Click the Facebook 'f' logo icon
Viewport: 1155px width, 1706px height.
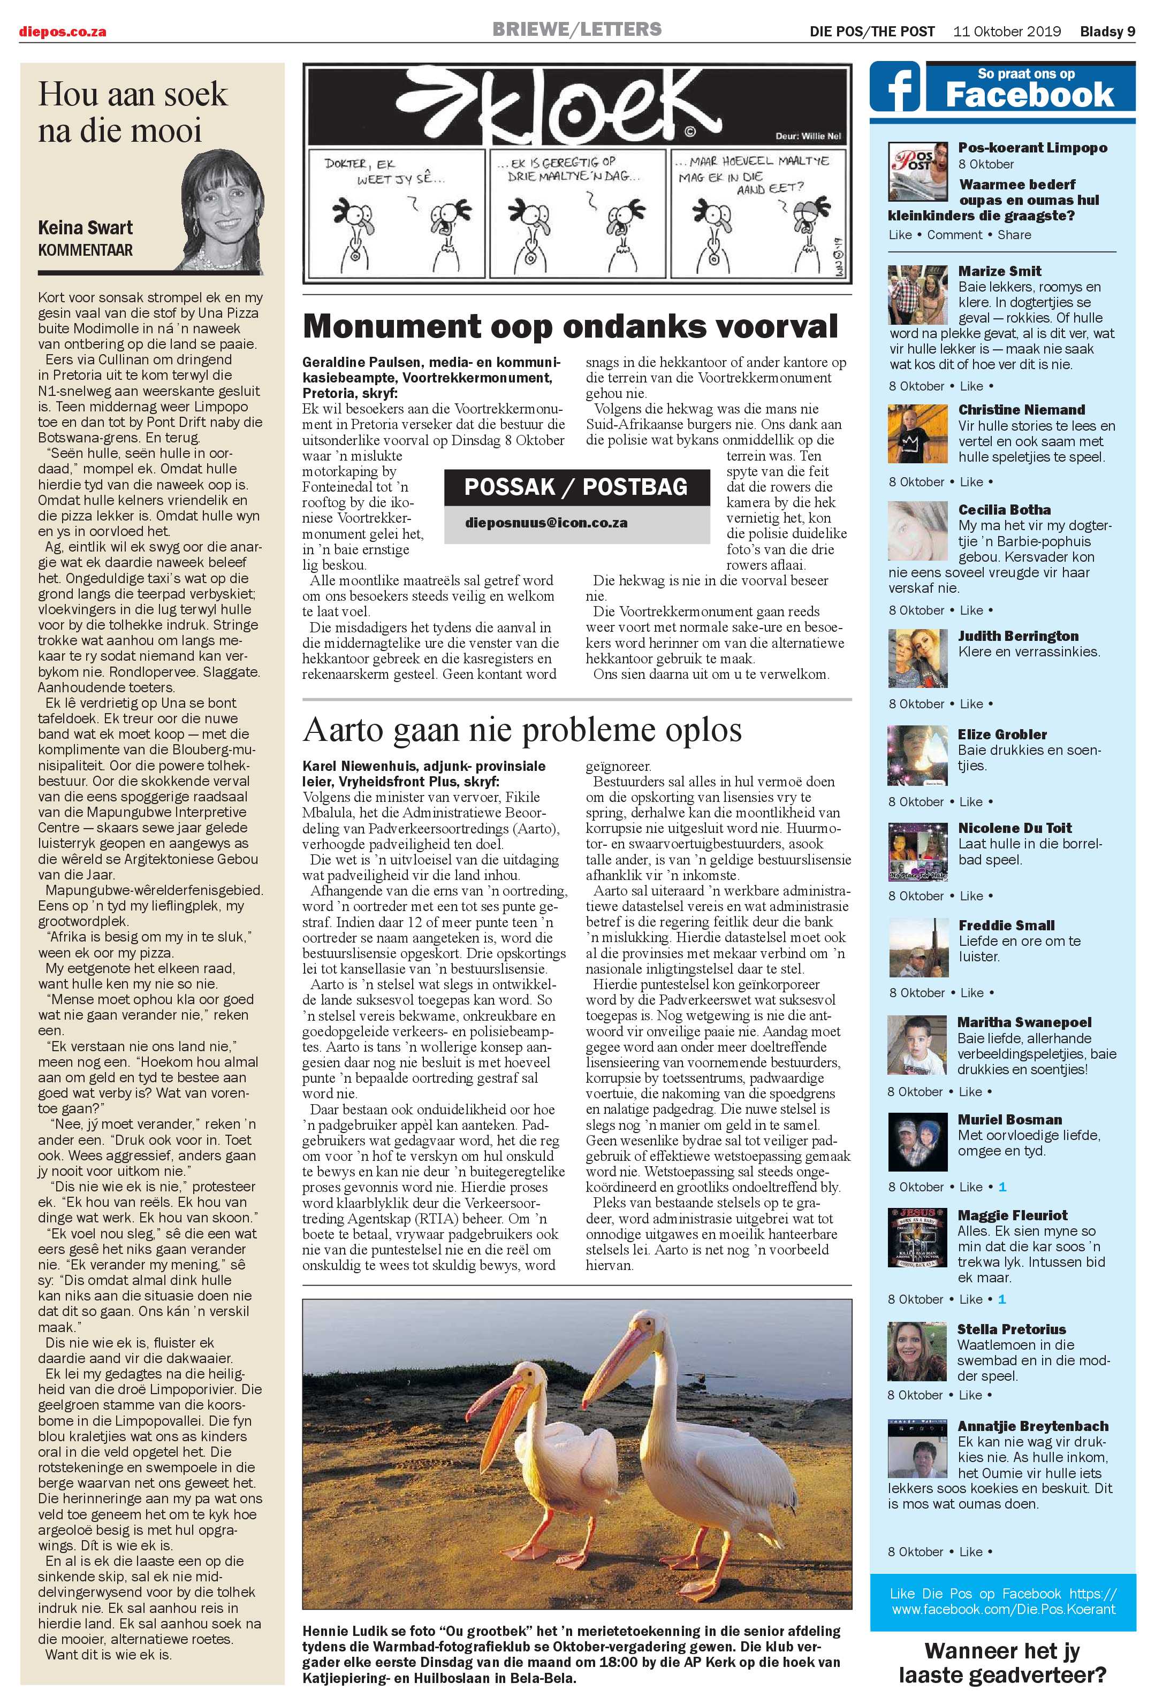pyautogui.click(x=895, y=87)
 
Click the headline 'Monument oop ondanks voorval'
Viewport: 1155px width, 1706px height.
pyautogui.click(x=570, y=326)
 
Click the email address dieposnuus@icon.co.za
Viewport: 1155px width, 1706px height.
pyautogui.click(x=546, y=523)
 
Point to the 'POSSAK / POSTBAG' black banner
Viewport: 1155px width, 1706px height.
pyautogui.click(x=576, y=487)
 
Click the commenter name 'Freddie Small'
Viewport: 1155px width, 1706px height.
pyautogui.click(x=1006, y=925)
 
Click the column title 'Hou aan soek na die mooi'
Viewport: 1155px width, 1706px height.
pyautogui.click(x=132, y=112)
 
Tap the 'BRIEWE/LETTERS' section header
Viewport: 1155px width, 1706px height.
pyautogui.click(x=576, y=29)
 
